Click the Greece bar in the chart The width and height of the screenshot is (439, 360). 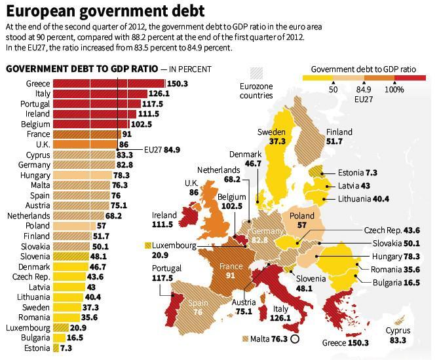[x=108, y=84]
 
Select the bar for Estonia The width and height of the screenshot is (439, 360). [x=55, y=349]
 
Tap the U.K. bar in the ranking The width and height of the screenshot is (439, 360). [x=85, y=144]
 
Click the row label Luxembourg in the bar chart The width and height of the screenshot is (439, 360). [x=28, y=327]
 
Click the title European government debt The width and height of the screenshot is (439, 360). [x=105, y=12]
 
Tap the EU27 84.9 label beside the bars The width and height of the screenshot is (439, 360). [x=162, y=150]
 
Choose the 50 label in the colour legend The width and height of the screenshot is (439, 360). [x=333, y=90]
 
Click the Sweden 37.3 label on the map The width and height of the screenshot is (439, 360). [x=271, y=136]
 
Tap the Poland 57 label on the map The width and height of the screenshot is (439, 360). [x=297, y=219]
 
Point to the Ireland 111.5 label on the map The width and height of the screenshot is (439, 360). [x=164, y=219]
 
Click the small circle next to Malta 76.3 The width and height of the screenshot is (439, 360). [x=295, y=339]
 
